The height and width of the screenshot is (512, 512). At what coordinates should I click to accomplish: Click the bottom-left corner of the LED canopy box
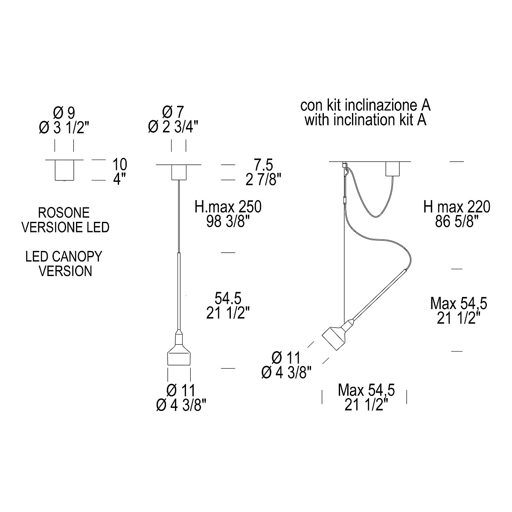point(55,180)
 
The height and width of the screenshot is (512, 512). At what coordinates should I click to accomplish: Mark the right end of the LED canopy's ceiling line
point(83,160)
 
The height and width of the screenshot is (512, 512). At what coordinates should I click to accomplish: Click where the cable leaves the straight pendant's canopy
point(179,180)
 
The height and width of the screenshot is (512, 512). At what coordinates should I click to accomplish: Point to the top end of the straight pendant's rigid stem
point(179,253)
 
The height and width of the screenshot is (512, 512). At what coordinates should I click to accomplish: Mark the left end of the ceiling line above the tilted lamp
point(329,162)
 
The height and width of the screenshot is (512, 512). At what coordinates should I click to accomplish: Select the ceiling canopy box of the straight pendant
point(179,172)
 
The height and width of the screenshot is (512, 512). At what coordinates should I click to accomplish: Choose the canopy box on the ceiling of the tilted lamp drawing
point(393,169)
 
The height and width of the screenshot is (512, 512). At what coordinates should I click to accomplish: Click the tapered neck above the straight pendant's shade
point(179,338)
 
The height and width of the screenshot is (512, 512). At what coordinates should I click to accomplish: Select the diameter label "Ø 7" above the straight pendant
point(173,113)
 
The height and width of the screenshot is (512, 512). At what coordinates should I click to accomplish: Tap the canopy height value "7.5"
point(263,165)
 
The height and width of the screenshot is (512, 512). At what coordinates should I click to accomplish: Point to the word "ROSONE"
point(64,213)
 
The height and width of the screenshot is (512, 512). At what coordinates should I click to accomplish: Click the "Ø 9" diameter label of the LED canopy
point(64,113)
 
